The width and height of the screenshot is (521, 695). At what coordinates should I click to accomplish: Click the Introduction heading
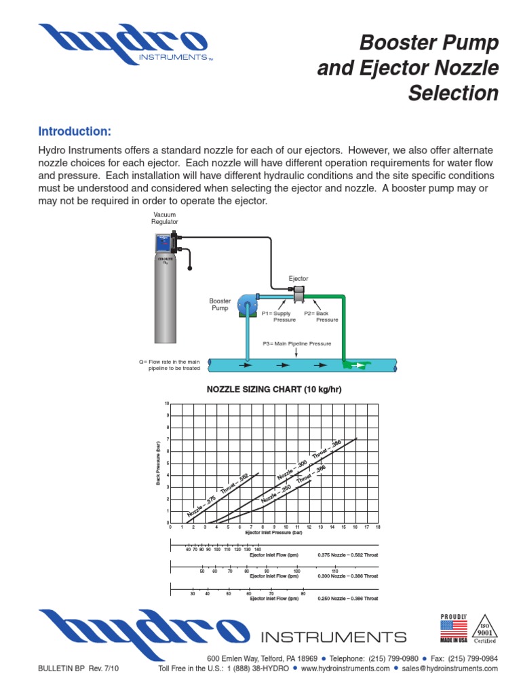(75, 131)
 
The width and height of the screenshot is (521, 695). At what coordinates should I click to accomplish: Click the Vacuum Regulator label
(166, 218)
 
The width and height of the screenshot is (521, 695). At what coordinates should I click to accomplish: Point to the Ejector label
(298, 279)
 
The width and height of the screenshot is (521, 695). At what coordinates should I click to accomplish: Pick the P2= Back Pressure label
(322, 316)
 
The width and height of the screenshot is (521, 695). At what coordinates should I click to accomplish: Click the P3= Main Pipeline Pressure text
(297, 344)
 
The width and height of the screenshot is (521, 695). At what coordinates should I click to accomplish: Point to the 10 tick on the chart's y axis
(166, 404)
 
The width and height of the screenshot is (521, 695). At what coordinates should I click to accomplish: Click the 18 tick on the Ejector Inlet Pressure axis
(378, 527)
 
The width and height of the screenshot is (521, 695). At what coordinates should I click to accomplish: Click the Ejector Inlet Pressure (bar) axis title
(274, 533)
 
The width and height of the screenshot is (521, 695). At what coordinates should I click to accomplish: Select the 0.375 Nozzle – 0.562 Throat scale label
(347, 555)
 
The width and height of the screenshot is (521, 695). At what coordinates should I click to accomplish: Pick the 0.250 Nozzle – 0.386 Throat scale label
(347, 599)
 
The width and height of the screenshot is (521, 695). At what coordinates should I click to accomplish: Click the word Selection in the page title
(453, 94)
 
